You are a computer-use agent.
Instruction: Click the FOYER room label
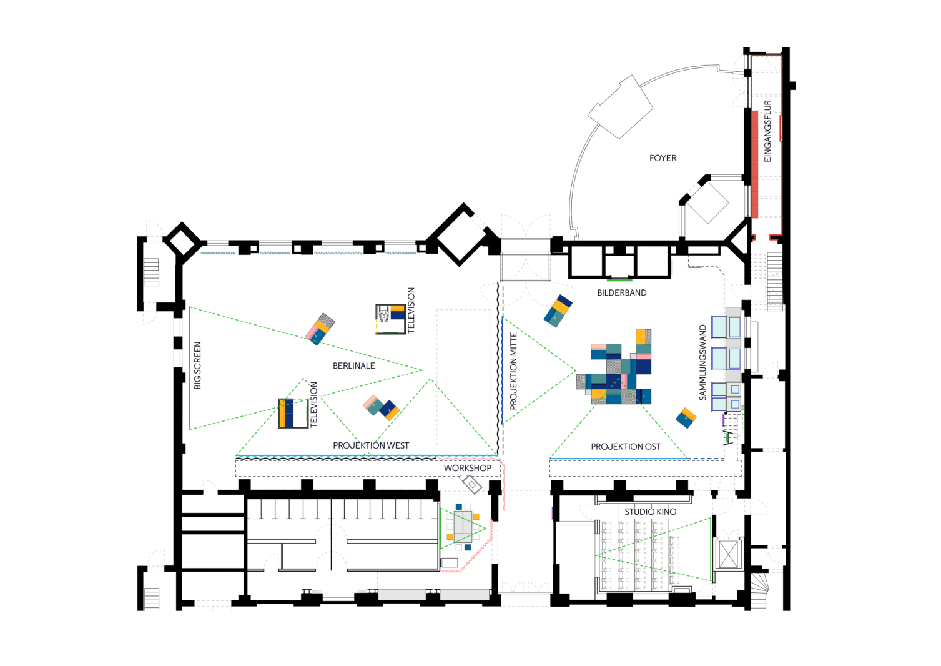[663, 158]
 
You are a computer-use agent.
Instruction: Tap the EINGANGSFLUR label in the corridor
[767, 131]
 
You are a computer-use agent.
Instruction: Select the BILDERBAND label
[622, 292]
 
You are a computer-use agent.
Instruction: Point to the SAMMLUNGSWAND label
[702, 362]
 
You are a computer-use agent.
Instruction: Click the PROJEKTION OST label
[626, 447]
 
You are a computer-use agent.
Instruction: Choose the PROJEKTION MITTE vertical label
[513, 371]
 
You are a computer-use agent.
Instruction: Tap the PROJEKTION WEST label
[371, 445]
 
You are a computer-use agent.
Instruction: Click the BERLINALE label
[353, 365]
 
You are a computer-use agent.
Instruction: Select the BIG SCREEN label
[197, 365]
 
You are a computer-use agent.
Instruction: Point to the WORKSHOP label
[468, 468]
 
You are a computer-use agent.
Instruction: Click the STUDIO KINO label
[650, 512]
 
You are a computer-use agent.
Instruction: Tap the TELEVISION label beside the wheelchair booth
[411, 311]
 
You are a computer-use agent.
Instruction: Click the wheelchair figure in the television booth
[383, 315]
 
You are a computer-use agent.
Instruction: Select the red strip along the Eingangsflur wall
[754, 164]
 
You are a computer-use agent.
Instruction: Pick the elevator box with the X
[729, 555]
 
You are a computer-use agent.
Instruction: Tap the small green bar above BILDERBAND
[619, 279]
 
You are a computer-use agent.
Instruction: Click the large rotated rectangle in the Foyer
[620, 107]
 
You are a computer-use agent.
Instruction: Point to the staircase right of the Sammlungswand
[775, 281]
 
